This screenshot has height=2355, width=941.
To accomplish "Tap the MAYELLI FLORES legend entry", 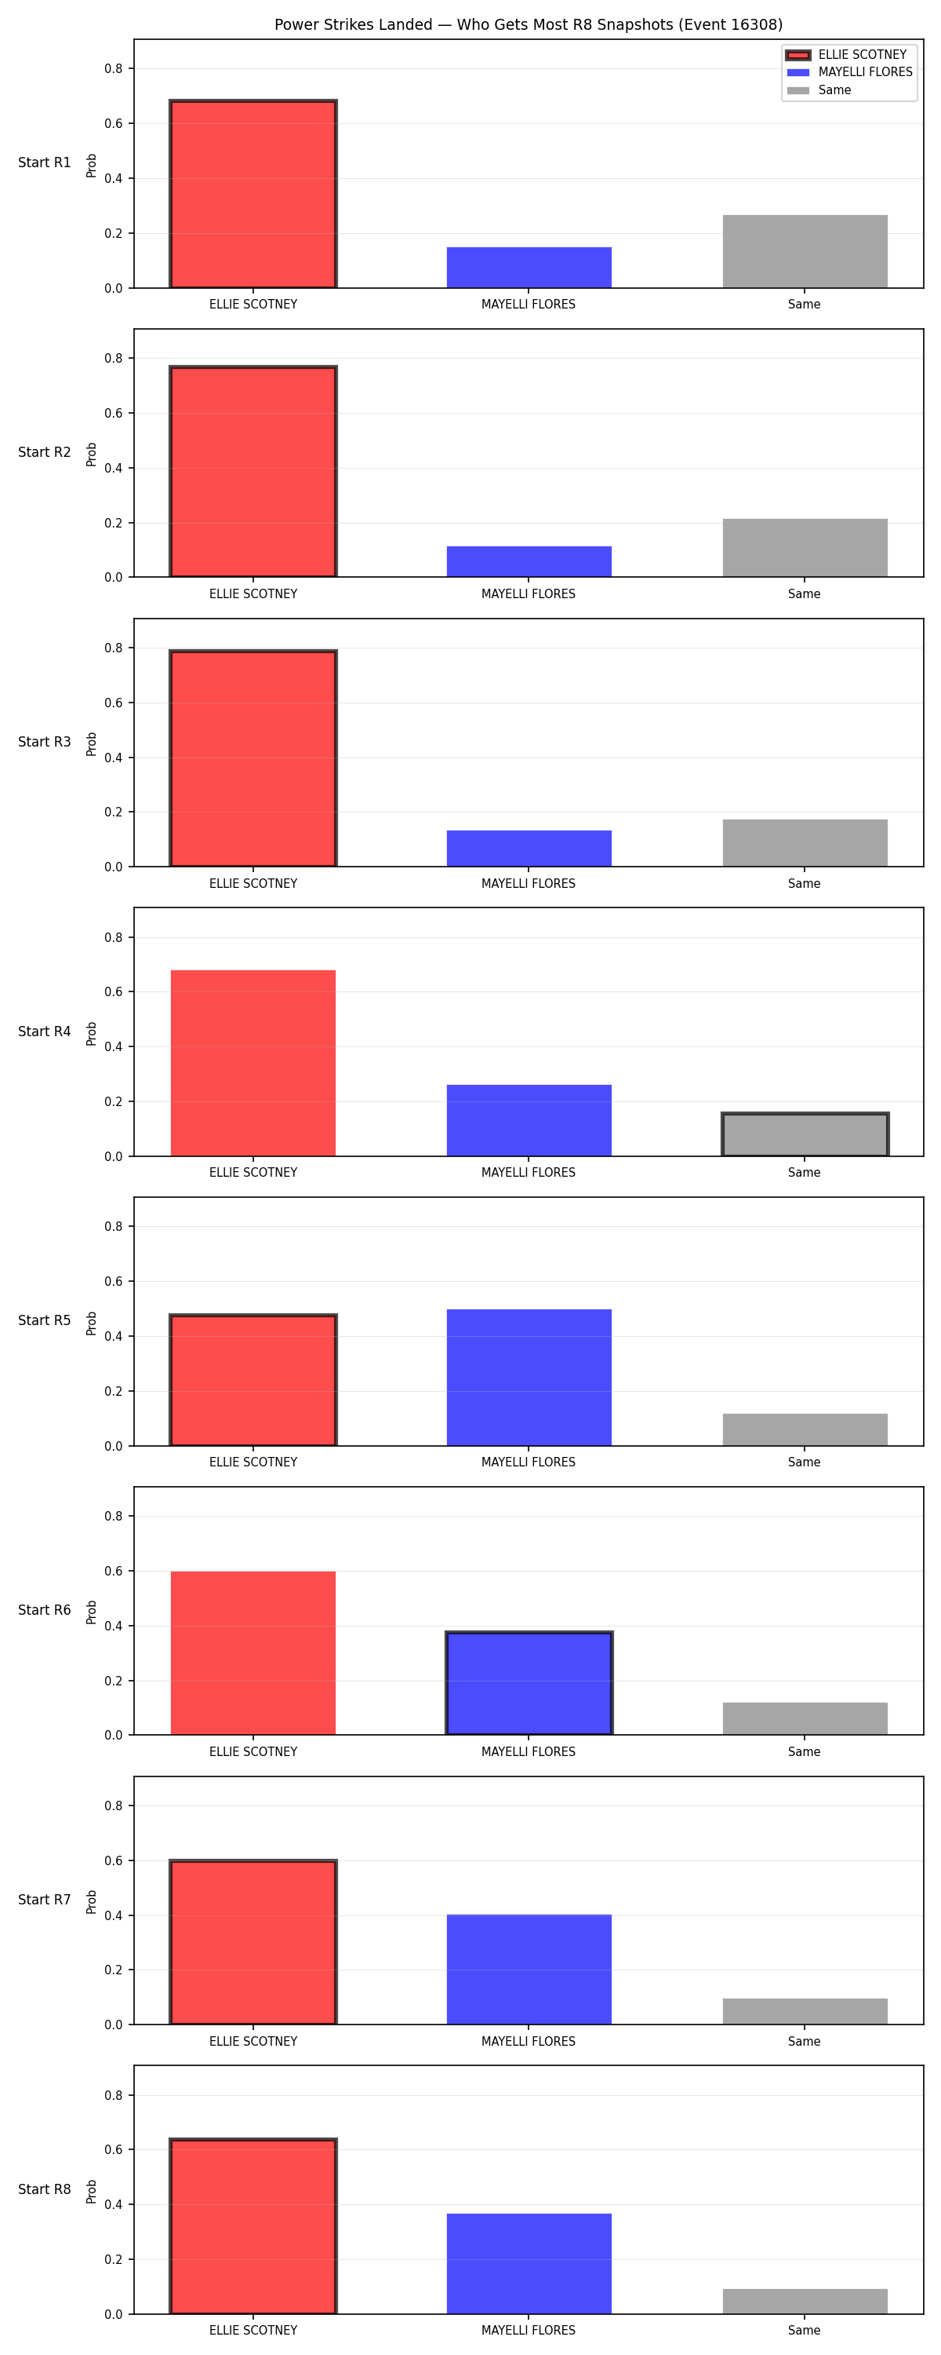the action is (x=848, y=72).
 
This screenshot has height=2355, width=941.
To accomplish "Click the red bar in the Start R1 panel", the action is (x=253, y=194).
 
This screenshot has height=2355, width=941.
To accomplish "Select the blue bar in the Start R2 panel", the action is (x=529, y=561).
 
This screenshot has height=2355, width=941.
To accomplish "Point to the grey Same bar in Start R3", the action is (x=805, y=843).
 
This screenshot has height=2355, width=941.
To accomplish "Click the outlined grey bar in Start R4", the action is (x=805, y=1134).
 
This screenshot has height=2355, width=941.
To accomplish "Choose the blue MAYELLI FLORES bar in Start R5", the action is (x=529, y=1378).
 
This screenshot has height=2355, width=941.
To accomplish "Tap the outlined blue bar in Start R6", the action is (x=529, y=1683).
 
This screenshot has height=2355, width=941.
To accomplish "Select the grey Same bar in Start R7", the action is (x=805, y=2011).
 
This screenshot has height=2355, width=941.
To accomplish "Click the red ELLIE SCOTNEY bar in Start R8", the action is (x=253, y=2226).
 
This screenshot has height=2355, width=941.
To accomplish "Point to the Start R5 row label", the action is (x=44, y=1320).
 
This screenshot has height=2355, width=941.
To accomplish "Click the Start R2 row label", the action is (x=44, y=451).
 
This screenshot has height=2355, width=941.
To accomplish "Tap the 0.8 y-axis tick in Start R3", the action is (x=113, y=648).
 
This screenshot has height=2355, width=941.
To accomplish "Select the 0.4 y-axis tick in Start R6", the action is (x=113, y=1626).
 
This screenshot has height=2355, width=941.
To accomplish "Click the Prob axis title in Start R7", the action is (x=92, y=1903).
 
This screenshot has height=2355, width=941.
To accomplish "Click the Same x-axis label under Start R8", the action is (x=804, y=2331).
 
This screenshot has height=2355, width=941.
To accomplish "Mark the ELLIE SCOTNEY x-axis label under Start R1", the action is (x=253, y=305).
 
